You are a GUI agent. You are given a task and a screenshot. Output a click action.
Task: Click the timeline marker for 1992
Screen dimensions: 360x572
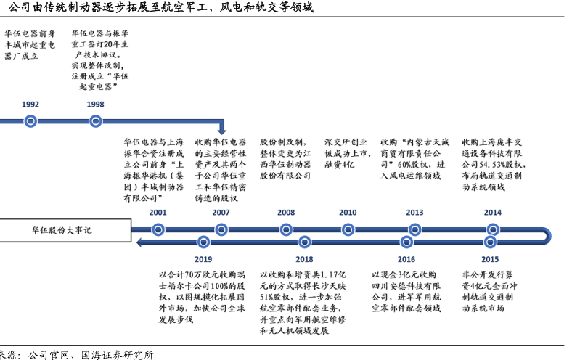click(30, 120)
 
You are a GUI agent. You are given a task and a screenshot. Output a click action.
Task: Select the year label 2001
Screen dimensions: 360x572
click(158, 213)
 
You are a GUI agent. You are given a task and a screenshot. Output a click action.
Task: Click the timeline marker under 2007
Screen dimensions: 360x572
click(221, 229)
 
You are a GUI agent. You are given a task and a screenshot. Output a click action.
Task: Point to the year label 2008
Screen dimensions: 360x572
click(286, 213)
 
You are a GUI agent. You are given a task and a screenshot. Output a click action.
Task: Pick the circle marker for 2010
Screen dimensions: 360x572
click(348, 229)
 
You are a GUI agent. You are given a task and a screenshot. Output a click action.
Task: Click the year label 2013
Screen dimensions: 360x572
click(414, 213)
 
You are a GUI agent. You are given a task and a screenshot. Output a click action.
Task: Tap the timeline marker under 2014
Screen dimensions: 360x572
click(493, 229)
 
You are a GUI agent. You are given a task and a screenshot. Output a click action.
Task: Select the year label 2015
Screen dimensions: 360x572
click(490, 259)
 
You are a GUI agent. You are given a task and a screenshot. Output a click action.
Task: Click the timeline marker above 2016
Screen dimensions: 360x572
click(406, 241)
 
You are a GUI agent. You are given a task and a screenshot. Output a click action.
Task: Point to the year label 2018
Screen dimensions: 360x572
click(304, 259)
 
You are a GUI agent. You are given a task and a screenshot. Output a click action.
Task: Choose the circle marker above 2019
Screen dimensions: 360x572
click(203, 241)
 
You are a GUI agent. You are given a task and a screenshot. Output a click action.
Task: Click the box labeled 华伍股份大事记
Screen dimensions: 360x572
click(65, 230)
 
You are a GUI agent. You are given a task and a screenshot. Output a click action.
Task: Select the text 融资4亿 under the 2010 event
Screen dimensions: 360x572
click(339, 165)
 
